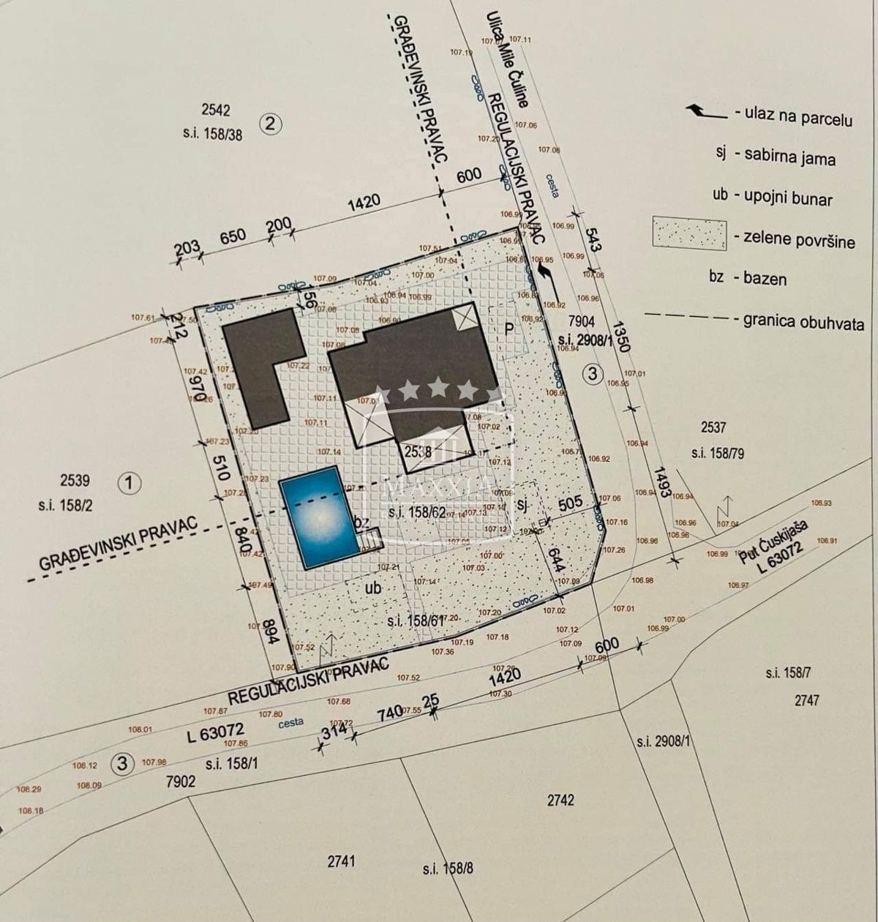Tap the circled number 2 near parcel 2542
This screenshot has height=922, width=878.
271,123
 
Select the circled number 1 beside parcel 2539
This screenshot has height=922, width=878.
129,482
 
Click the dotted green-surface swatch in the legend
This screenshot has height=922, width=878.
690,234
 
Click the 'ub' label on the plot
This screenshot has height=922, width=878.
373,587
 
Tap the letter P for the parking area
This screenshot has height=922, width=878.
510,329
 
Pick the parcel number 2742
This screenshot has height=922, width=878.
560,800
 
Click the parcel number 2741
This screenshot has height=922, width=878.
341,861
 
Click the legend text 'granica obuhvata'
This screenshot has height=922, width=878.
803,322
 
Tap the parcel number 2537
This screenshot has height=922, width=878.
713,427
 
